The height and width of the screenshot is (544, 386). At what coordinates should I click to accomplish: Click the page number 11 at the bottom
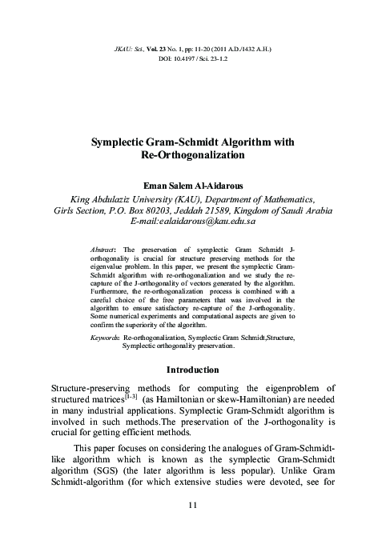coord(192,506)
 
